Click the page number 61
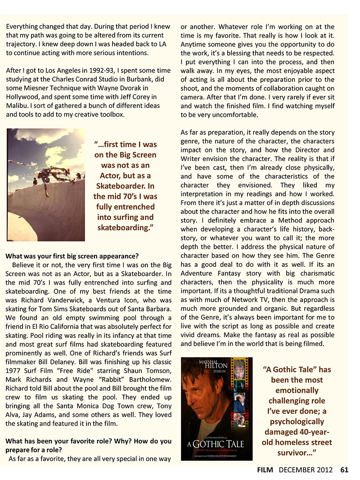(x=344, y=470)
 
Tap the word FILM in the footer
(x=266, y=470)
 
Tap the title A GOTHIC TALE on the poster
(x=216, y=443)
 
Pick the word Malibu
(x=17, y=105)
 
